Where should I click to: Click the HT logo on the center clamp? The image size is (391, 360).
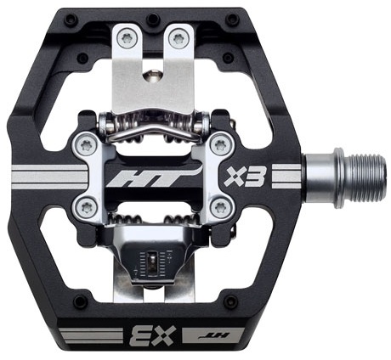(156, 177)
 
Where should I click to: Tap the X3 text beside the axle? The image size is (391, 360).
(244, 177)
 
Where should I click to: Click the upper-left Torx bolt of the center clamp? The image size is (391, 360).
(86, 146)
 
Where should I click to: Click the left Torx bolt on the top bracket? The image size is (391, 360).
(126, 37)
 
